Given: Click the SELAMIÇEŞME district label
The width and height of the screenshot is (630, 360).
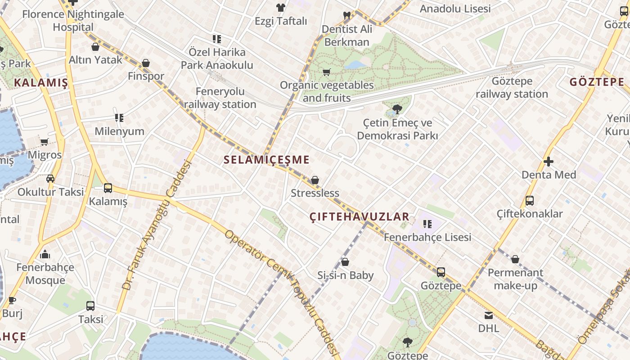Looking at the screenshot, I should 266,160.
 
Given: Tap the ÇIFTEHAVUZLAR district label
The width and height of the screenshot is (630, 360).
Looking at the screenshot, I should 360,217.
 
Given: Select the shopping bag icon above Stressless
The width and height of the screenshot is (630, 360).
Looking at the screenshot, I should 315,180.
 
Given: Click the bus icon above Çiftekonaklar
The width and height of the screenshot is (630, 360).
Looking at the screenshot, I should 530,201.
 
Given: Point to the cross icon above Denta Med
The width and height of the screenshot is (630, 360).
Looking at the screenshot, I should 549,162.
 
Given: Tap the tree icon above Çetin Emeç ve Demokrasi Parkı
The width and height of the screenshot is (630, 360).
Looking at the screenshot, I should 397,109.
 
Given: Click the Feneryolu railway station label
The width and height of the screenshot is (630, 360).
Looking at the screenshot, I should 220,98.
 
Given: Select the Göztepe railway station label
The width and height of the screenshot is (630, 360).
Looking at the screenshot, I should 512,88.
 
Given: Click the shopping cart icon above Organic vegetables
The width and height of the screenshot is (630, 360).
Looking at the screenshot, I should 327,72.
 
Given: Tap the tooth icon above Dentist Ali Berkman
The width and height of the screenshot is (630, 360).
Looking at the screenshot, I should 347,16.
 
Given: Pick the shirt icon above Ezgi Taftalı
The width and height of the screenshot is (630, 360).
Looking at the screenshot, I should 281,8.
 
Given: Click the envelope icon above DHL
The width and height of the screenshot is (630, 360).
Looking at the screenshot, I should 489,315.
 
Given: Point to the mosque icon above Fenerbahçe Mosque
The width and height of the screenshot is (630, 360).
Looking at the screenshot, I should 45,255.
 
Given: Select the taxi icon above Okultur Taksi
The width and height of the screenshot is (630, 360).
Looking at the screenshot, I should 50,179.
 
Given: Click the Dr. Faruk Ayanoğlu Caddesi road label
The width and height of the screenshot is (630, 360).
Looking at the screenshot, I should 157,225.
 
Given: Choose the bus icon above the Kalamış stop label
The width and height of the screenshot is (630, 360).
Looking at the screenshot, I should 108,188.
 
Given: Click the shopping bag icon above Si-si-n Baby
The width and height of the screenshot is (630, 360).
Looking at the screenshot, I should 345,262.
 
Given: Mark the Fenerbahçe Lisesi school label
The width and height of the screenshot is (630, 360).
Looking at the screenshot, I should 427,237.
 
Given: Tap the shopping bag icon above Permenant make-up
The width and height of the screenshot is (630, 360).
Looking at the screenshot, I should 515,259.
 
